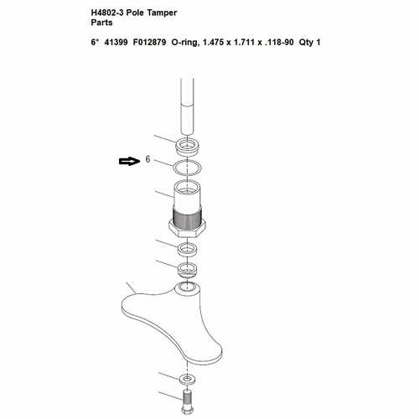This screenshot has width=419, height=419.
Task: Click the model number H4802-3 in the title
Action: pos(107,13)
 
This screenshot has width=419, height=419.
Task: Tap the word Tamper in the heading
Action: pos(162,13)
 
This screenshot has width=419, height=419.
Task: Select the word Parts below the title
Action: pos(101,23)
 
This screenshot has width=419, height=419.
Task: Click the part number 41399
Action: pos(116,43)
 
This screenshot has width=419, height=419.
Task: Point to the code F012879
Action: pos(149,43)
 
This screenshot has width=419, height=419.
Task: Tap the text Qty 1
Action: pos(309,43)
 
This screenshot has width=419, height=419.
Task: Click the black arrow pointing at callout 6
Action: pos(129,161)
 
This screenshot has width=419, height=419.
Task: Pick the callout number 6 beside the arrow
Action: pos(147,159)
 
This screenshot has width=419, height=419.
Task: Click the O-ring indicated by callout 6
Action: pos(173,168)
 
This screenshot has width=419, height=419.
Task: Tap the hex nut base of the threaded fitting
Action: pos(187,229)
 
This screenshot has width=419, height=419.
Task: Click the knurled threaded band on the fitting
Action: pos(187,216)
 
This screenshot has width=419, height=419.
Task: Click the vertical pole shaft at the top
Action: pos(187,107)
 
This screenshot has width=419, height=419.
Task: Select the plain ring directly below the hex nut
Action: pos(187,249)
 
